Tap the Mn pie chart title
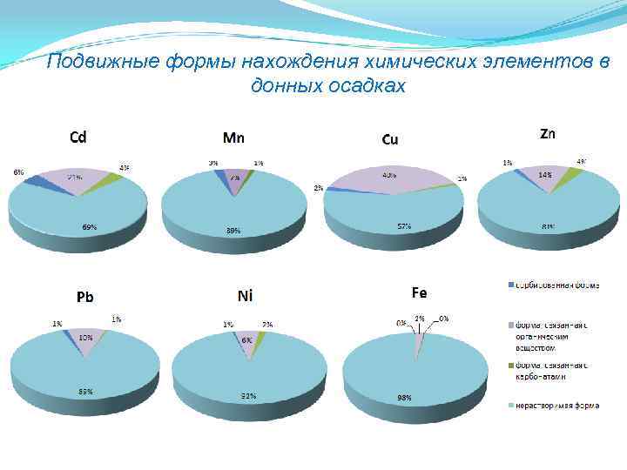pyautogui.click(x=233, y=137)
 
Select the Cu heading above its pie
pyautogui.click(x=390, y=140)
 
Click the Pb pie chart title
pyautogui.click(x=84, y=297)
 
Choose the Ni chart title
pyautogui.click(x=245, y=296)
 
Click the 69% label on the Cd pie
pyautogui.click(x=90, y=227)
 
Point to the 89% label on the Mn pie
pyautogui.click(x=233, y=231)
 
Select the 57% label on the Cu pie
pyautogui.click(x=403, y=226)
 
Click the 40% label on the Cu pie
pyautogui.click(x=388, y=175)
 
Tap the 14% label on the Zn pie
pyautogui.click(x=545, y=175)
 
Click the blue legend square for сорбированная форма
pyautogui.click(x=509, y=285)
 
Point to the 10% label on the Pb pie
pyautogui.click(x=86, y=337)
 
